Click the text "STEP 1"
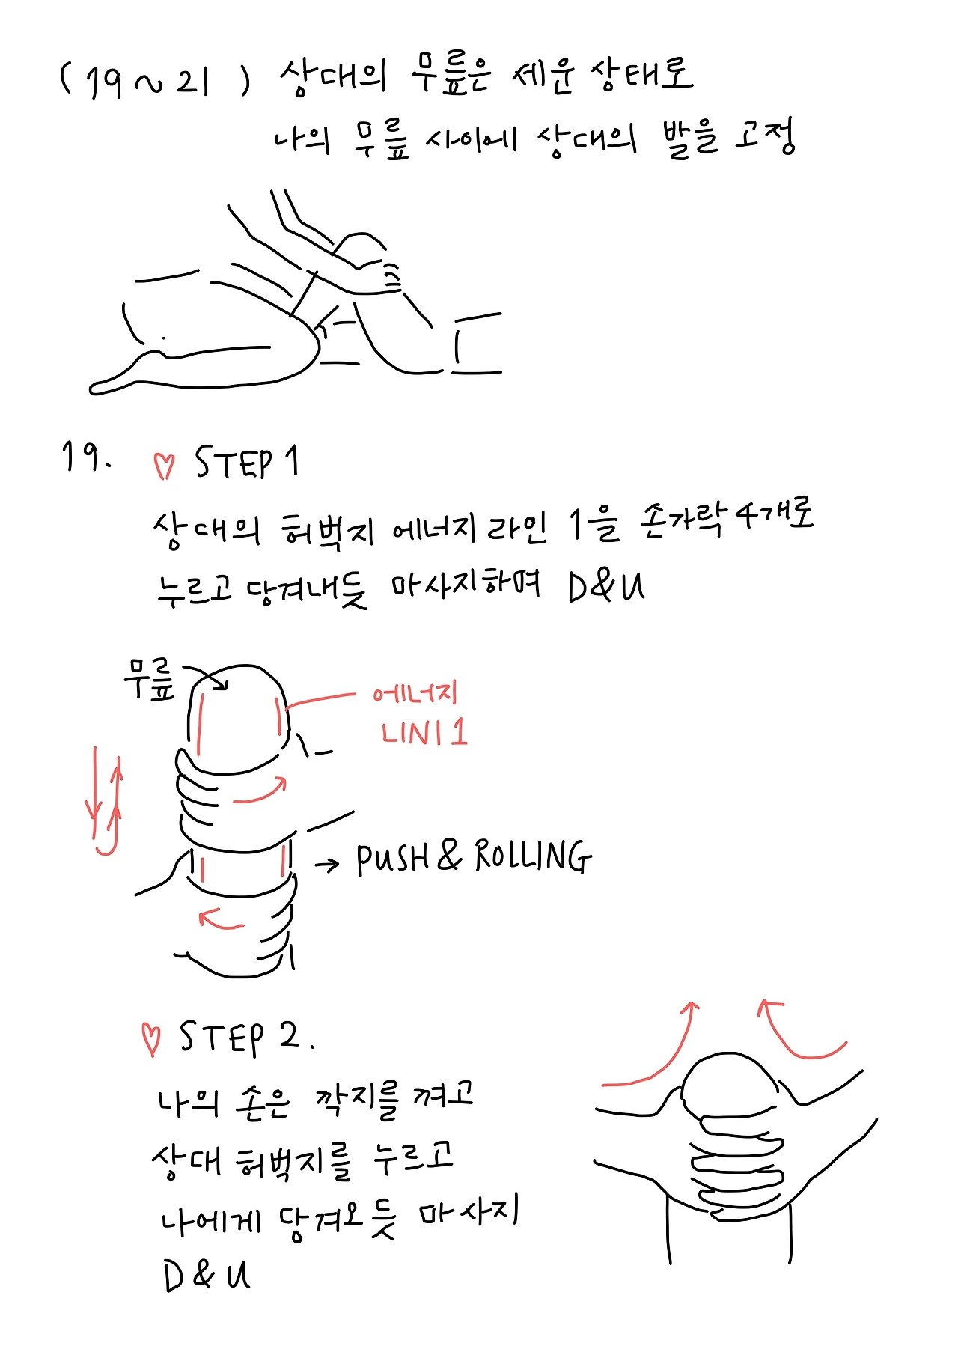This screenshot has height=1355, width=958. tap(247, 462)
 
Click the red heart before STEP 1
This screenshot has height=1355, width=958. tap(164, 466)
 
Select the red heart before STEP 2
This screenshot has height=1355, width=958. tap(151, 1039)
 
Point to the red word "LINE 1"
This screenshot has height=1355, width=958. tap(424, 732)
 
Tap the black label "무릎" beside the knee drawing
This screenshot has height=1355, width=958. tap(150, 680)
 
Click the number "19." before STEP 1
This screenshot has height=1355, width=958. tap(87, 457)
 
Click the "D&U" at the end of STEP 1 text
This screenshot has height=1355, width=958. tap(606, 587)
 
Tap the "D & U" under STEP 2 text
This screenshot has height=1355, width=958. tap(207, 1275)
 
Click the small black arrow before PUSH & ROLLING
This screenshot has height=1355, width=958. tap(327, 865)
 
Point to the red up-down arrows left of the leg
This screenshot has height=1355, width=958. tap(105, 800)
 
